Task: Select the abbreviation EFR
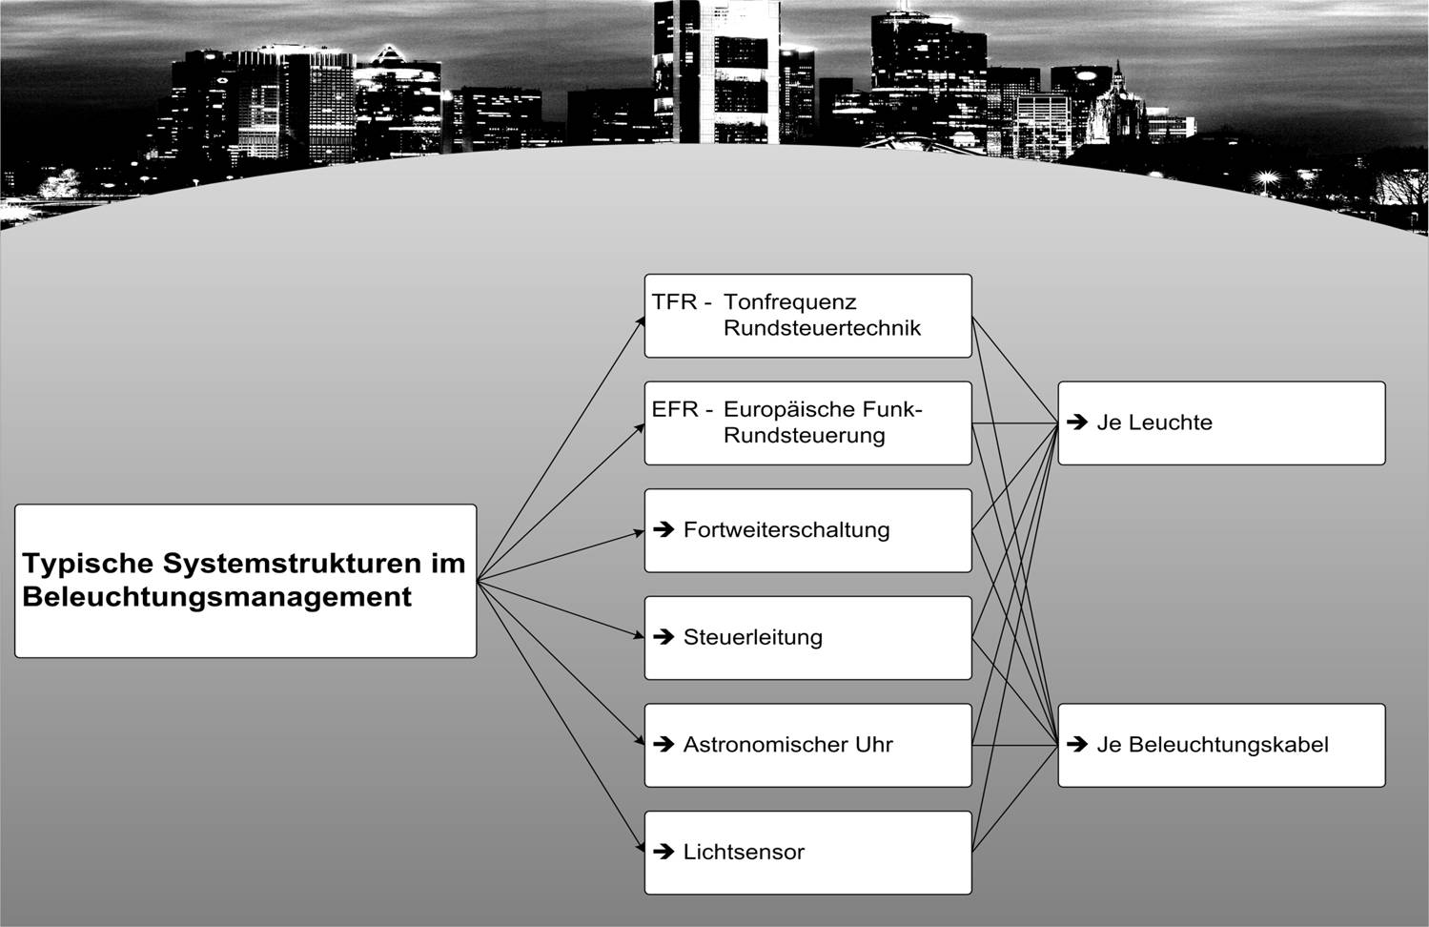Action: pyautogui.click(x=675, y=408)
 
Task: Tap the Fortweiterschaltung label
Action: pyautogui.click(x=786, y=530)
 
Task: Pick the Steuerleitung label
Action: pyautogui.click(x=753, y=637)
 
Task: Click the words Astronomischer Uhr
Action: pyautogui.click(x=787, y=745)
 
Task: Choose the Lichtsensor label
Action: pyautogui.click(x=744, y=852)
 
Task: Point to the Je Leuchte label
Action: pyautogui.click(x=1154, y=422)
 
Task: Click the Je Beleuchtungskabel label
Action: pyautogui.click(x=1213, y=745)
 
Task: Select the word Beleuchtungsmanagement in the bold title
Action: pyautogui.click(x=217, y=597)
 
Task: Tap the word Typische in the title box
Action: pyautogui.click(x=88, y=564)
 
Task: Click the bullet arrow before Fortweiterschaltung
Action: pyautogui.click(x=664, y=529)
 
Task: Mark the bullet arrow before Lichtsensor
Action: pyautogui.click(x=664, y=851)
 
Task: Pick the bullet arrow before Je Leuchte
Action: pyautogui.click(x=1077, y=422)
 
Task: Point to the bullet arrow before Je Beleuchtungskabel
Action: pyautogui.click(x=1077, y=744)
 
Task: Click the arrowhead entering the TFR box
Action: pyautogui.click(x=640, y=321)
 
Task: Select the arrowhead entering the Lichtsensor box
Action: pyautogui.click(x=641, y=847)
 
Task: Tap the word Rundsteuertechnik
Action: pyautogui.click(x=823, y=328)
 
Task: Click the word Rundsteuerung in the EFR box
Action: pyautogui.click(x=805, y=436)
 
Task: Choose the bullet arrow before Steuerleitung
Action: pyautogui.click(x=664, y=636)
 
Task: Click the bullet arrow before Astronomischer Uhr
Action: pyautogui.click(x=664, y=744)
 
